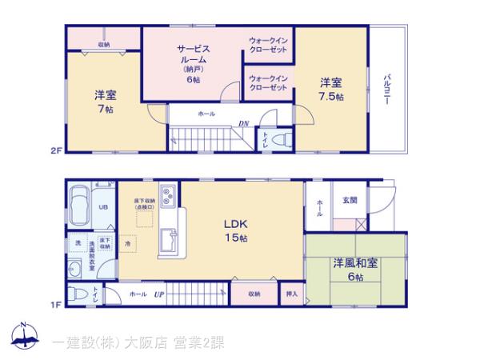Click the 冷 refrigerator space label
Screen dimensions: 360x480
pos(128,240)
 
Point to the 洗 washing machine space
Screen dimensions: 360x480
pos(78,242)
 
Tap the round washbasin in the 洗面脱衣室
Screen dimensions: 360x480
pos(76,268)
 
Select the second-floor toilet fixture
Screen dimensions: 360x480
pos(280,138)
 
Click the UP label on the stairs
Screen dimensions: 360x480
pos(159,294)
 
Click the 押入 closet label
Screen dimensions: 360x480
pos(292,294)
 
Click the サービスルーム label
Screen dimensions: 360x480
pos(193,54)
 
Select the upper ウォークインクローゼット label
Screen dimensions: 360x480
pos(268,45)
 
